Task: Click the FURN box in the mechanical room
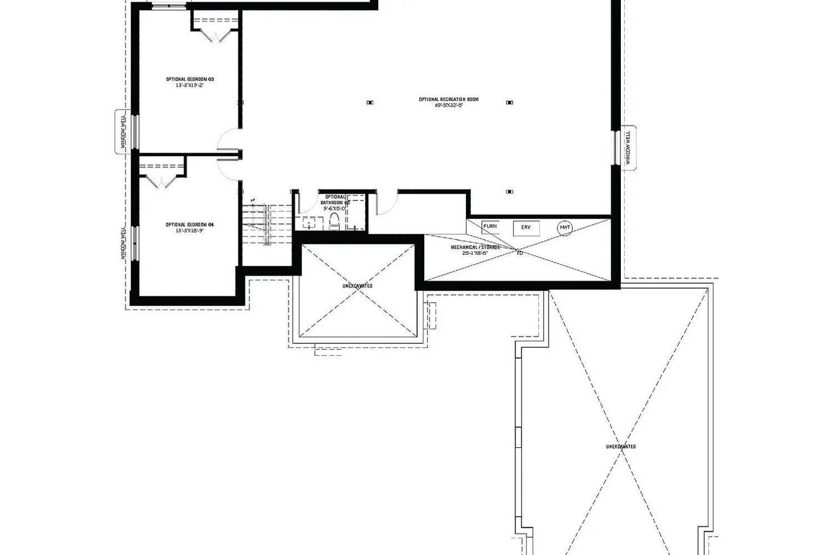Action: point(490,226)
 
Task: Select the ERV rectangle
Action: point(526,228)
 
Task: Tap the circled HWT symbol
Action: point(565,228)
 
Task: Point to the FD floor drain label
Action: point(520,253)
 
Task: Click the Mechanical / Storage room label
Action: point(475,247)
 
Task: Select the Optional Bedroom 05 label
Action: point(190,79)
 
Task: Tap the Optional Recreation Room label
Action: point(449,99)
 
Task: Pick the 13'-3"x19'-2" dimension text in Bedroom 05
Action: point(190,85)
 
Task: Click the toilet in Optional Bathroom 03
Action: point(334,221)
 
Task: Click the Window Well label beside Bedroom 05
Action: point(123,132)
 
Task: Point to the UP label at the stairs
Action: point(253,200)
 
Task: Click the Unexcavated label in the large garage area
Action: point(621,446)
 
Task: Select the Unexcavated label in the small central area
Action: point(357,286)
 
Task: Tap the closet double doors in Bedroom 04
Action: point(160,181)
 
